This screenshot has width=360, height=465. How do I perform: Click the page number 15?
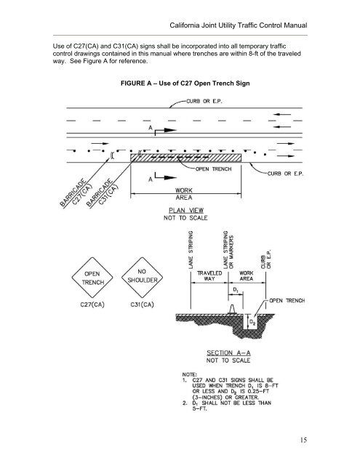pyautogui.click(x=303, y=440)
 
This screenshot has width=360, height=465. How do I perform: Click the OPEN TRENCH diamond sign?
pyautogui.click(x=92, y=278)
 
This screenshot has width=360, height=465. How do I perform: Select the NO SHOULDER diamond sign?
pyautogui.click(x=143, y=278)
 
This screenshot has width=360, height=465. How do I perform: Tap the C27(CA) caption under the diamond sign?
pyautogui.click(x=92, y=304)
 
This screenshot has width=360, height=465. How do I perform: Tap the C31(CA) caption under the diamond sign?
pyautogui.click(x=142, y=304)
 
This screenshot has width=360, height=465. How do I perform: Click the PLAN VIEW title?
pyautogui.click(x=186, y=210)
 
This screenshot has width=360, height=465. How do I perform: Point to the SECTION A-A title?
pyautogui.click(x=228, y=352)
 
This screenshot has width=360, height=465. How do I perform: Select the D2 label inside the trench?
pyautogui.click(x=252, y=322)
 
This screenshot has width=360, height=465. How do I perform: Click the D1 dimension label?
pyautogui.click(x=236, y=289)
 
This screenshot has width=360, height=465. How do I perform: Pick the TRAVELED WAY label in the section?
pyautogui.click(x=209, y=275)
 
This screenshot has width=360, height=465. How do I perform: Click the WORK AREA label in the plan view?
pyautogui.click(x=184, y=194)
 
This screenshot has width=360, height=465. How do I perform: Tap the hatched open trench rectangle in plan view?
pyautogui.click(x=185, y=158)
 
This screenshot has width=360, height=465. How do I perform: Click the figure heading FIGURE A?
pyautogui.click(x=185, y=84)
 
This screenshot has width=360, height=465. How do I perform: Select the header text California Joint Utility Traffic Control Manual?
pyautogui.click(x=239, y=25)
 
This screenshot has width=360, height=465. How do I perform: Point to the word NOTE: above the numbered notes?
pyautogui.click(x=189, y=375)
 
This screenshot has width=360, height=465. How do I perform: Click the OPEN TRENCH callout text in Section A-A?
pyautogui.click(x=287, y=301)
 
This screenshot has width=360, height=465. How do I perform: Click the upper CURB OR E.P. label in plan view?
pyautogui.click(x=204, y=101)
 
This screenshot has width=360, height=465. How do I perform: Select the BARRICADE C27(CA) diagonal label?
pyautogui.click(x=76, y=193)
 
